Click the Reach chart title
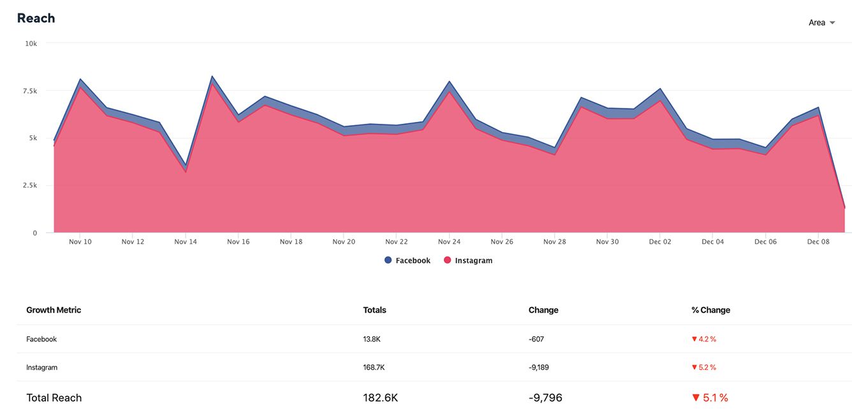click(x=36, y=18)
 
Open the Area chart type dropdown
click(x=821, y=22)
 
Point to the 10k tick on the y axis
click(x=31, y=43)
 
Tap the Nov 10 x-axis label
click(x=80, y=242)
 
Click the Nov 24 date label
click(x=449, y=242)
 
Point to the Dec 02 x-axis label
click(x=659, y=242)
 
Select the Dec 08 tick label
click(x=818, y=242)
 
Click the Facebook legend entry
click(x=408, y=260)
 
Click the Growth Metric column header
click(x=54, y=310)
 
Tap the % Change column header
click(x=710, y=310)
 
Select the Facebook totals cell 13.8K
click(x=372, y=339)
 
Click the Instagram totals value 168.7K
click(x=374, y=367)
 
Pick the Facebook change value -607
click(x=536, y=339)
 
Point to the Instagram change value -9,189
click(x=540, y=367)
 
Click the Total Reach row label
click(x=54, y=398)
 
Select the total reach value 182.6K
click(x=380, y=398)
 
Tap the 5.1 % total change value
click(x=710, y=398)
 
